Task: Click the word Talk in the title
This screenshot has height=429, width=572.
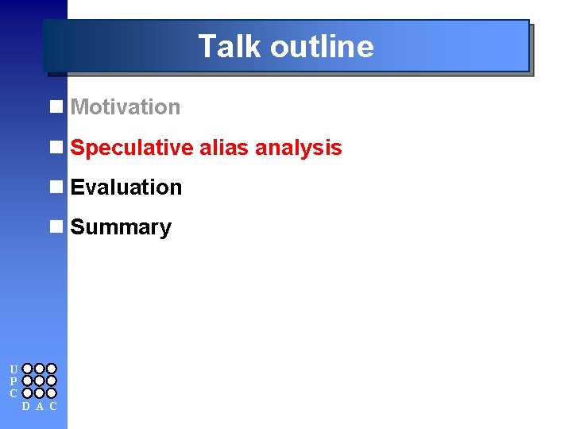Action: [230, 46]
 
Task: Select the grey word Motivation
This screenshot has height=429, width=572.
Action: [126, 107]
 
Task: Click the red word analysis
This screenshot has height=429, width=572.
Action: [299, 148]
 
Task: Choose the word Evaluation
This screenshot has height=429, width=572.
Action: [126, 187]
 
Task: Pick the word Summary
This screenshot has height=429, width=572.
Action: [121, 227]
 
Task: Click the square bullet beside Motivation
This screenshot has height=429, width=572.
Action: [56, 107]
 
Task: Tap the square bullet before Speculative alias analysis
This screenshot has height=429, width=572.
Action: [56, 148]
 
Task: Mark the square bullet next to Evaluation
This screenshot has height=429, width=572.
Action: [56, 187]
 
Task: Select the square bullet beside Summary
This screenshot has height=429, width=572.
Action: [56, 227]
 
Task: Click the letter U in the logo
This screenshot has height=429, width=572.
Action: [14, 369]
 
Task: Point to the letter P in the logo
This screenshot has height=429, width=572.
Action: [14, 381]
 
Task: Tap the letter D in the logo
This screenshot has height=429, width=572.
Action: [27, 407]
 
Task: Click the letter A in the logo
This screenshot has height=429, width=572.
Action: [40, 407]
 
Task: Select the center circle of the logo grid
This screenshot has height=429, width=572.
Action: [40, 381]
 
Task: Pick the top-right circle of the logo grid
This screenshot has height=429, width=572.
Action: [52, 369]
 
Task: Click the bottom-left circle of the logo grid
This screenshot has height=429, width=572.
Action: [27, 392]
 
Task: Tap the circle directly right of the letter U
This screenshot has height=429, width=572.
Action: [27, 369]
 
